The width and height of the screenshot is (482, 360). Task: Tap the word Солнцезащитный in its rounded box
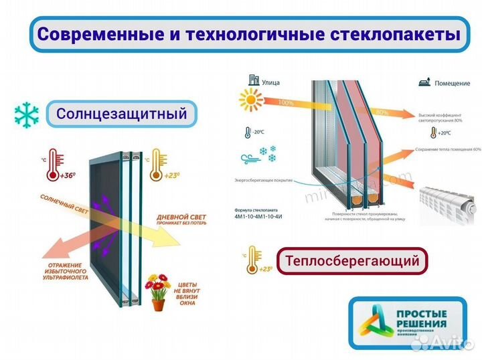(121, 114)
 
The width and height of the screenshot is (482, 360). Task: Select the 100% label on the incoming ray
(284, 103)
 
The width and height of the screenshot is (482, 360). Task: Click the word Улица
(270, 84)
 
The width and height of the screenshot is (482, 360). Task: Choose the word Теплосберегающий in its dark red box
(352, 260)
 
